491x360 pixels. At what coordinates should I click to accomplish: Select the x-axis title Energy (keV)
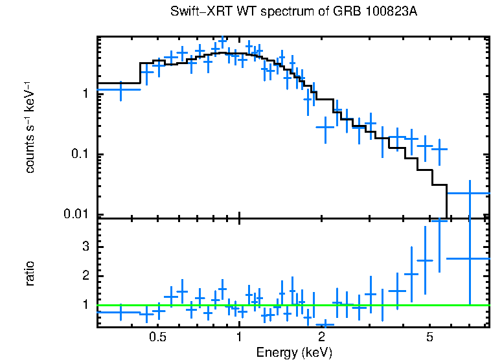tap(294, 352)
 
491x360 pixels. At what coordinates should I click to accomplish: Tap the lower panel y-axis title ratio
tap(30, 273)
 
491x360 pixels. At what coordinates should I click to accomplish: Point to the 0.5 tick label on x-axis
tap(157, 337)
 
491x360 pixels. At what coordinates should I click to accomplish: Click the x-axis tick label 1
tap(240, 337)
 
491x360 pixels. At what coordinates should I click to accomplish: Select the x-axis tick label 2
tap(322, 337)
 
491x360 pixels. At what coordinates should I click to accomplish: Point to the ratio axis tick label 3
tap(84, 247)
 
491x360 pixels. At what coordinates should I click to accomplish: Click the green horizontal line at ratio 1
tap(291, 305)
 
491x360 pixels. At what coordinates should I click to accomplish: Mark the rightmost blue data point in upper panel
tap(469, 193)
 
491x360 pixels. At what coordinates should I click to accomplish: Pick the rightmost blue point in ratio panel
tap(469, 258)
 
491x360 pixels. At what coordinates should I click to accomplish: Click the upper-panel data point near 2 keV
tap(325, 127)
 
